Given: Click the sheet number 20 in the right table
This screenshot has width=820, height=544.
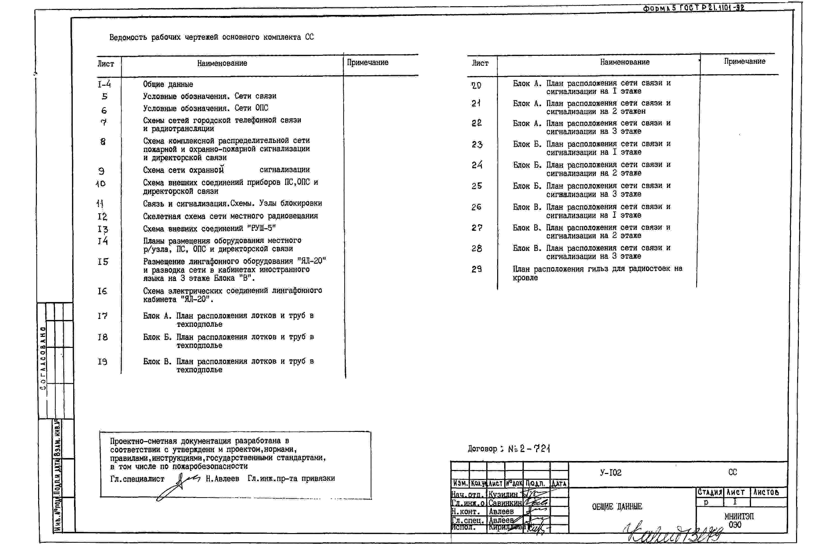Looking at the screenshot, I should point(477,85).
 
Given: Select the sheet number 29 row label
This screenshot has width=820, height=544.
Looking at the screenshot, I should point(477,269).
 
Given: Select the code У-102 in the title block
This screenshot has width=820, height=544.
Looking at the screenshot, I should point(611,472).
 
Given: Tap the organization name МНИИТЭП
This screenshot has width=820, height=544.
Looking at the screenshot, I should point(739,516).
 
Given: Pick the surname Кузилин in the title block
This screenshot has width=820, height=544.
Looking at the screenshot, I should point(503,494).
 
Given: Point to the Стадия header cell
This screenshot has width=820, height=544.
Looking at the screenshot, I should point(710,492).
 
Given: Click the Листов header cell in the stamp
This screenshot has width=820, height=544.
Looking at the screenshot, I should point(766,492).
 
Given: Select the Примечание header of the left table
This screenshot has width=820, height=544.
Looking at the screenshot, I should point(367,63).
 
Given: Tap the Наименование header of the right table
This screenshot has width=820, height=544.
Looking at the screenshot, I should point(625,62).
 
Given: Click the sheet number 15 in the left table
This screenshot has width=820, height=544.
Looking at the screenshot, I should point(103,262).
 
